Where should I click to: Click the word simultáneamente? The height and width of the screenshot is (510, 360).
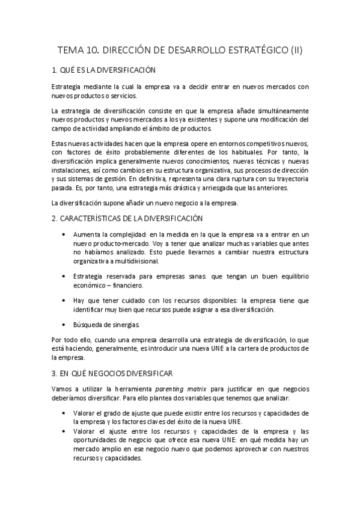click(278, 111)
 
